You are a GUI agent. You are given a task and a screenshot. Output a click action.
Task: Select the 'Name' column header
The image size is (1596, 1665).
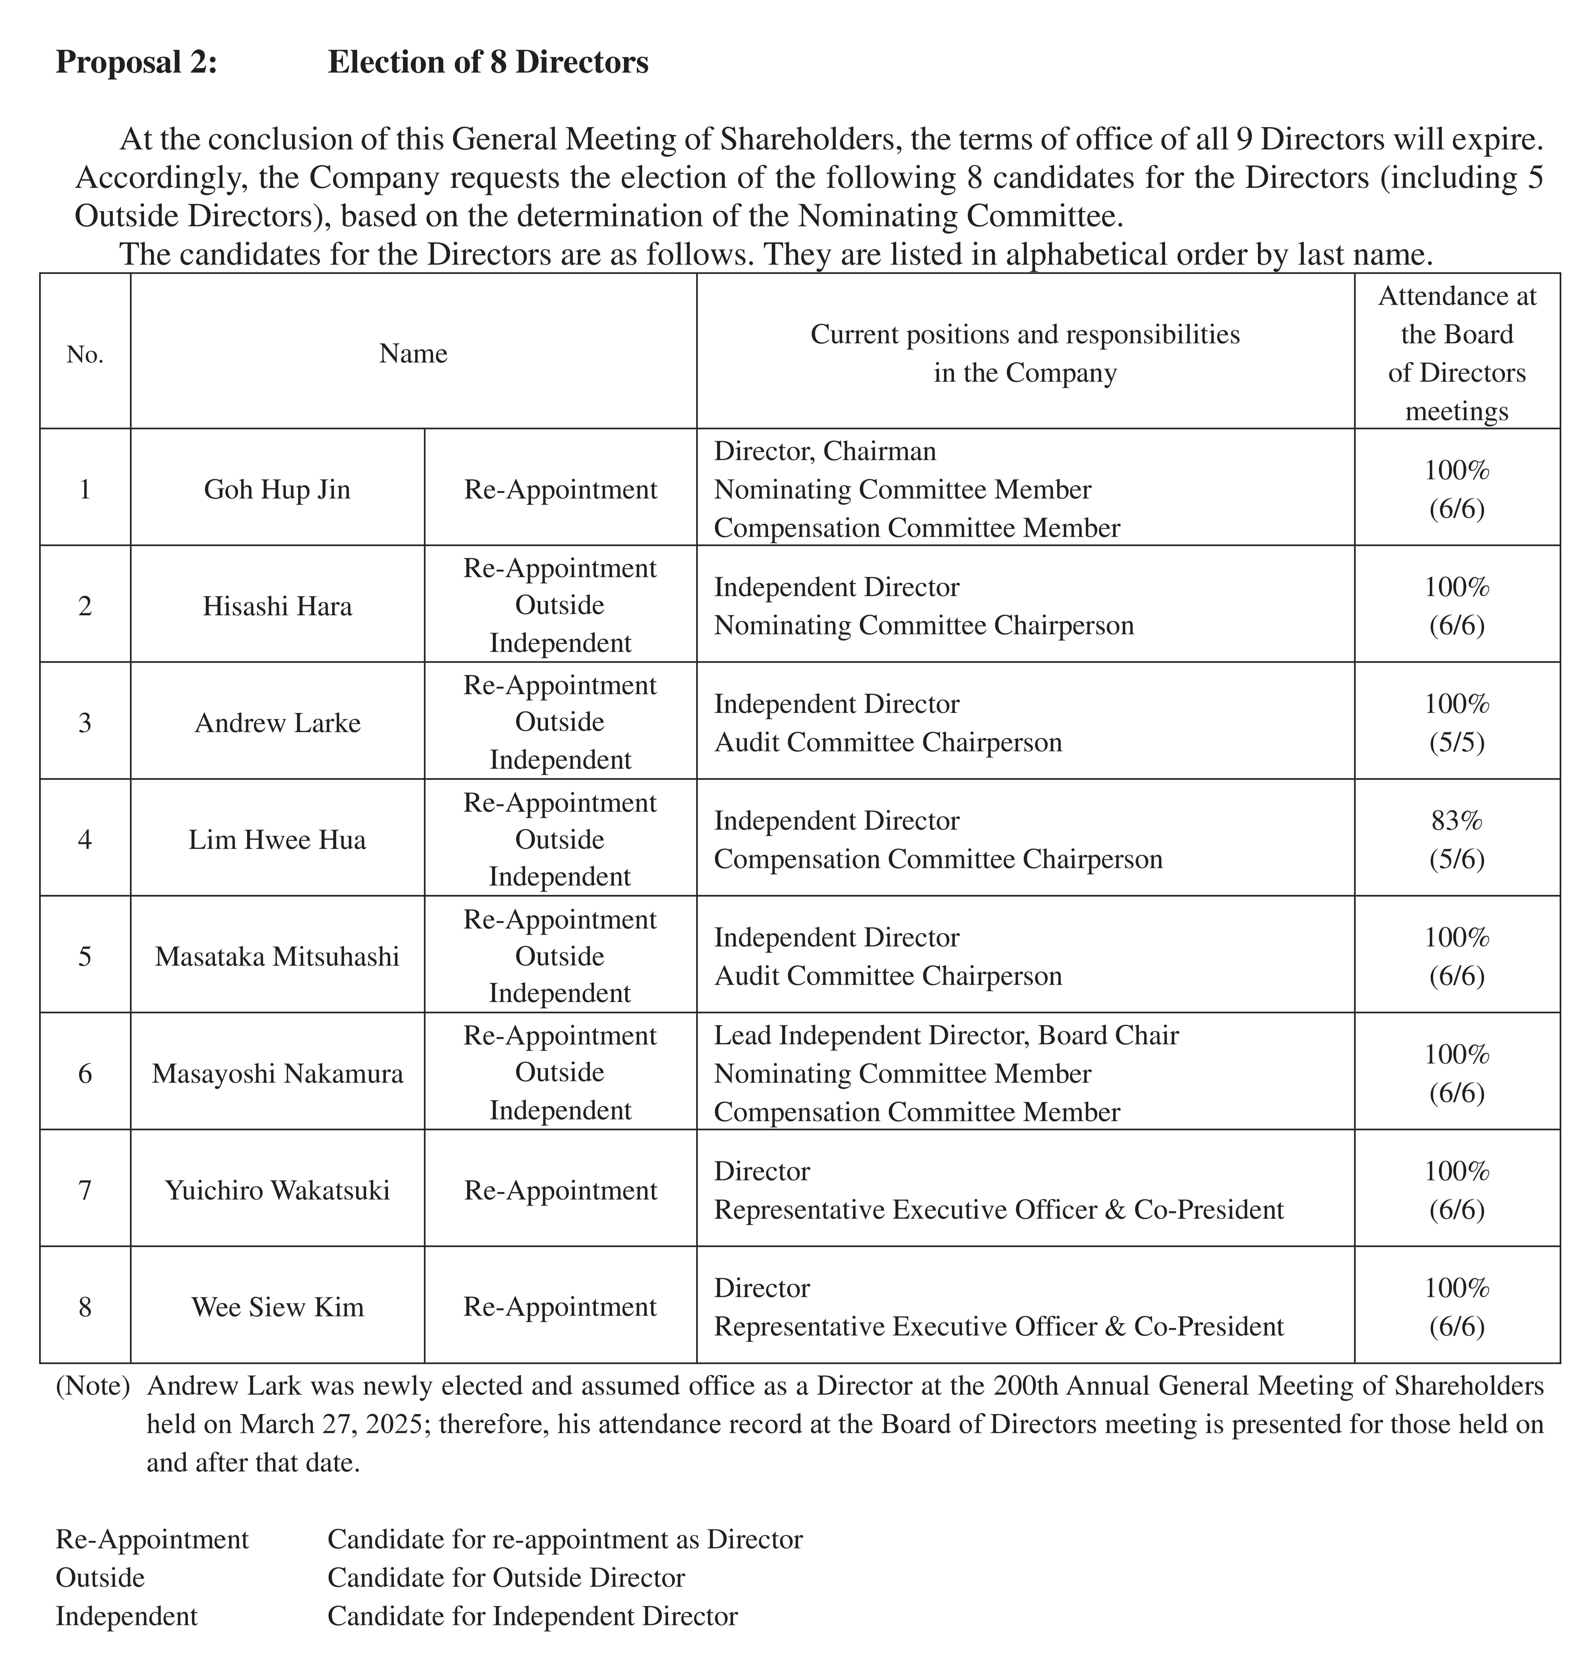point(413,353)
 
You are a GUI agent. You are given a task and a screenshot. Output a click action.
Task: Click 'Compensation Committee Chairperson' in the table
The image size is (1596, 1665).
point(938,859)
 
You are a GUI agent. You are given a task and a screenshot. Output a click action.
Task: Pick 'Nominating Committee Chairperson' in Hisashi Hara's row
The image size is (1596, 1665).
point(923,625)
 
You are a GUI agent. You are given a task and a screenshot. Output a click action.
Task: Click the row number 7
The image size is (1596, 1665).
point(85,1190)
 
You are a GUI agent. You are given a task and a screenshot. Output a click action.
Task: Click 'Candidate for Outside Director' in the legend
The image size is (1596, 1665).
point(505,1577)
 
